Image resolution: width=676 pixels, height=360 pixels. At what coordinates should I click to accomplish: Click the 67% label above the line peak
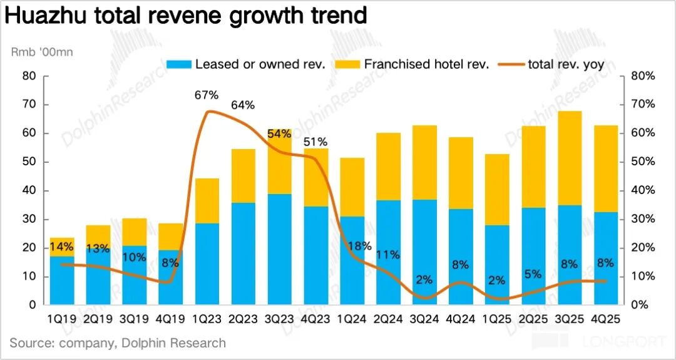206,95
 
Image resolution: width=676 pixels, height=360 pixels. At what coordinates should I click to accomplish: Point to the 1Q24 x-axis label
351,319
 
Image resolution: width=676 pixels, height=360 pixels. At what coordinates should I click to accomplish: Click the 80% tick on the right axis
642,76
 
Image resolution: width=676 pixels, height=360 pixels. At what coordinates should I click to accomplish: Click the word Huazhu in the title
46,16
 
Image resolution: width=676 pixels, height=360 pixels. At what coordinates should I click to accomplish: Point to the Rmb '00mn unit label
43,52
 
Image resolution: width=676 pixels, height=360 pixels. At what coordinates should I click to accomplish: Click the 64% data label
243,105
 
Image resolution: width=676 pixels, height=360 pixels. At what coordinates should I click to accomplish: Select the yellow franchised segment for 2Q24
388,167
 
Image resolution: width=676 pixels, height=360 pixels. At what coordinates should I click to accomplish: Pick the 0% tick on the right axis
638,306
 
